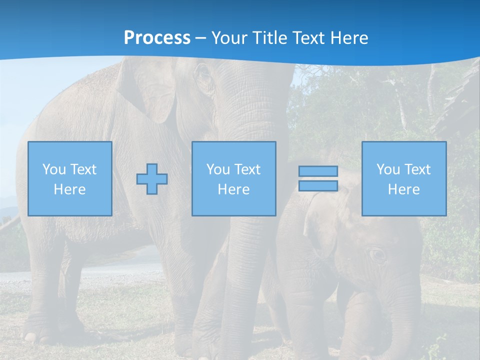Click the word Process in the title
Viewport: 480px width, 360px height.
point(157,37)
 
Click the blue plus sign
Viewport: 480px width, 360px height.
point(152,179)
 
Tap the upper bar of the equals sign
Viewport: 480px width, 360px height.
point(318,171)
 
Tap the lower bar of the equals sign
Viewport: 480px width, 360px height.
point(318,186)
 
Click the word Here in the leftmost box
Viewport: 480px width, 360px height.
point(69,189)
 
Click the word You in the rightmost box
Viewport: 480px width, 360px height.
point(388,169)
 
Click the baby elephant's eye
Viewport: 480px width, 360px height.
point(377,254)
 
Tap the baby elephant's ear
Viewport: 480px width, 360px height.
point(320,225)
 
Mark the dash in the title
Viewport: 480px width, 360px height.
point(200,38)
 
